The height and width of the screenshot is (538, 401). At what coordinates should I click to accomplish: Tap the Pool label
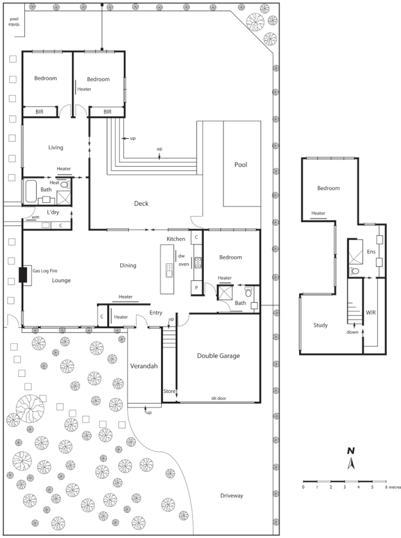[243, 165]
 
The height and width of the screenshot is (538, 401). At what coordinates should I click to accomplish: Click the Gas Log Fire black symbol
[23, 276]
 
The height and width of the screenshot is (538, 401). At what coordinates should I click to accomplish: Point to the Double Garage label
[217, 355]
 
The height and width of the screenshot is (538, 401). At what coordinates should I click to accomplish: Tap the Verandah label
[145, 366]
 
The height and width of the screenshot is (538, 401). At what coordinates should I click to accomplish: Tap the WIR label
[371, 313]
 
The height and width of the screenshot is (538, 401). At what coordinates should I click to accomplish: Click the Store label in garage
[169, 391]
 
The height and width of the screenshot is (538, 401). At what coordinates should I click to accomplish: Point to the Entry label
[156, 313]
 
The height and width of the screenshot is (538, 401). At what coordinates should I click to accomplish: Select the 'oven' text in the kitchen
[183, 264]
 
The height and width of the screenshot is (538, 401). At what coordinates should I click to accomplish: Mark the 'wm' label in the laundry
[35, 217]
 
